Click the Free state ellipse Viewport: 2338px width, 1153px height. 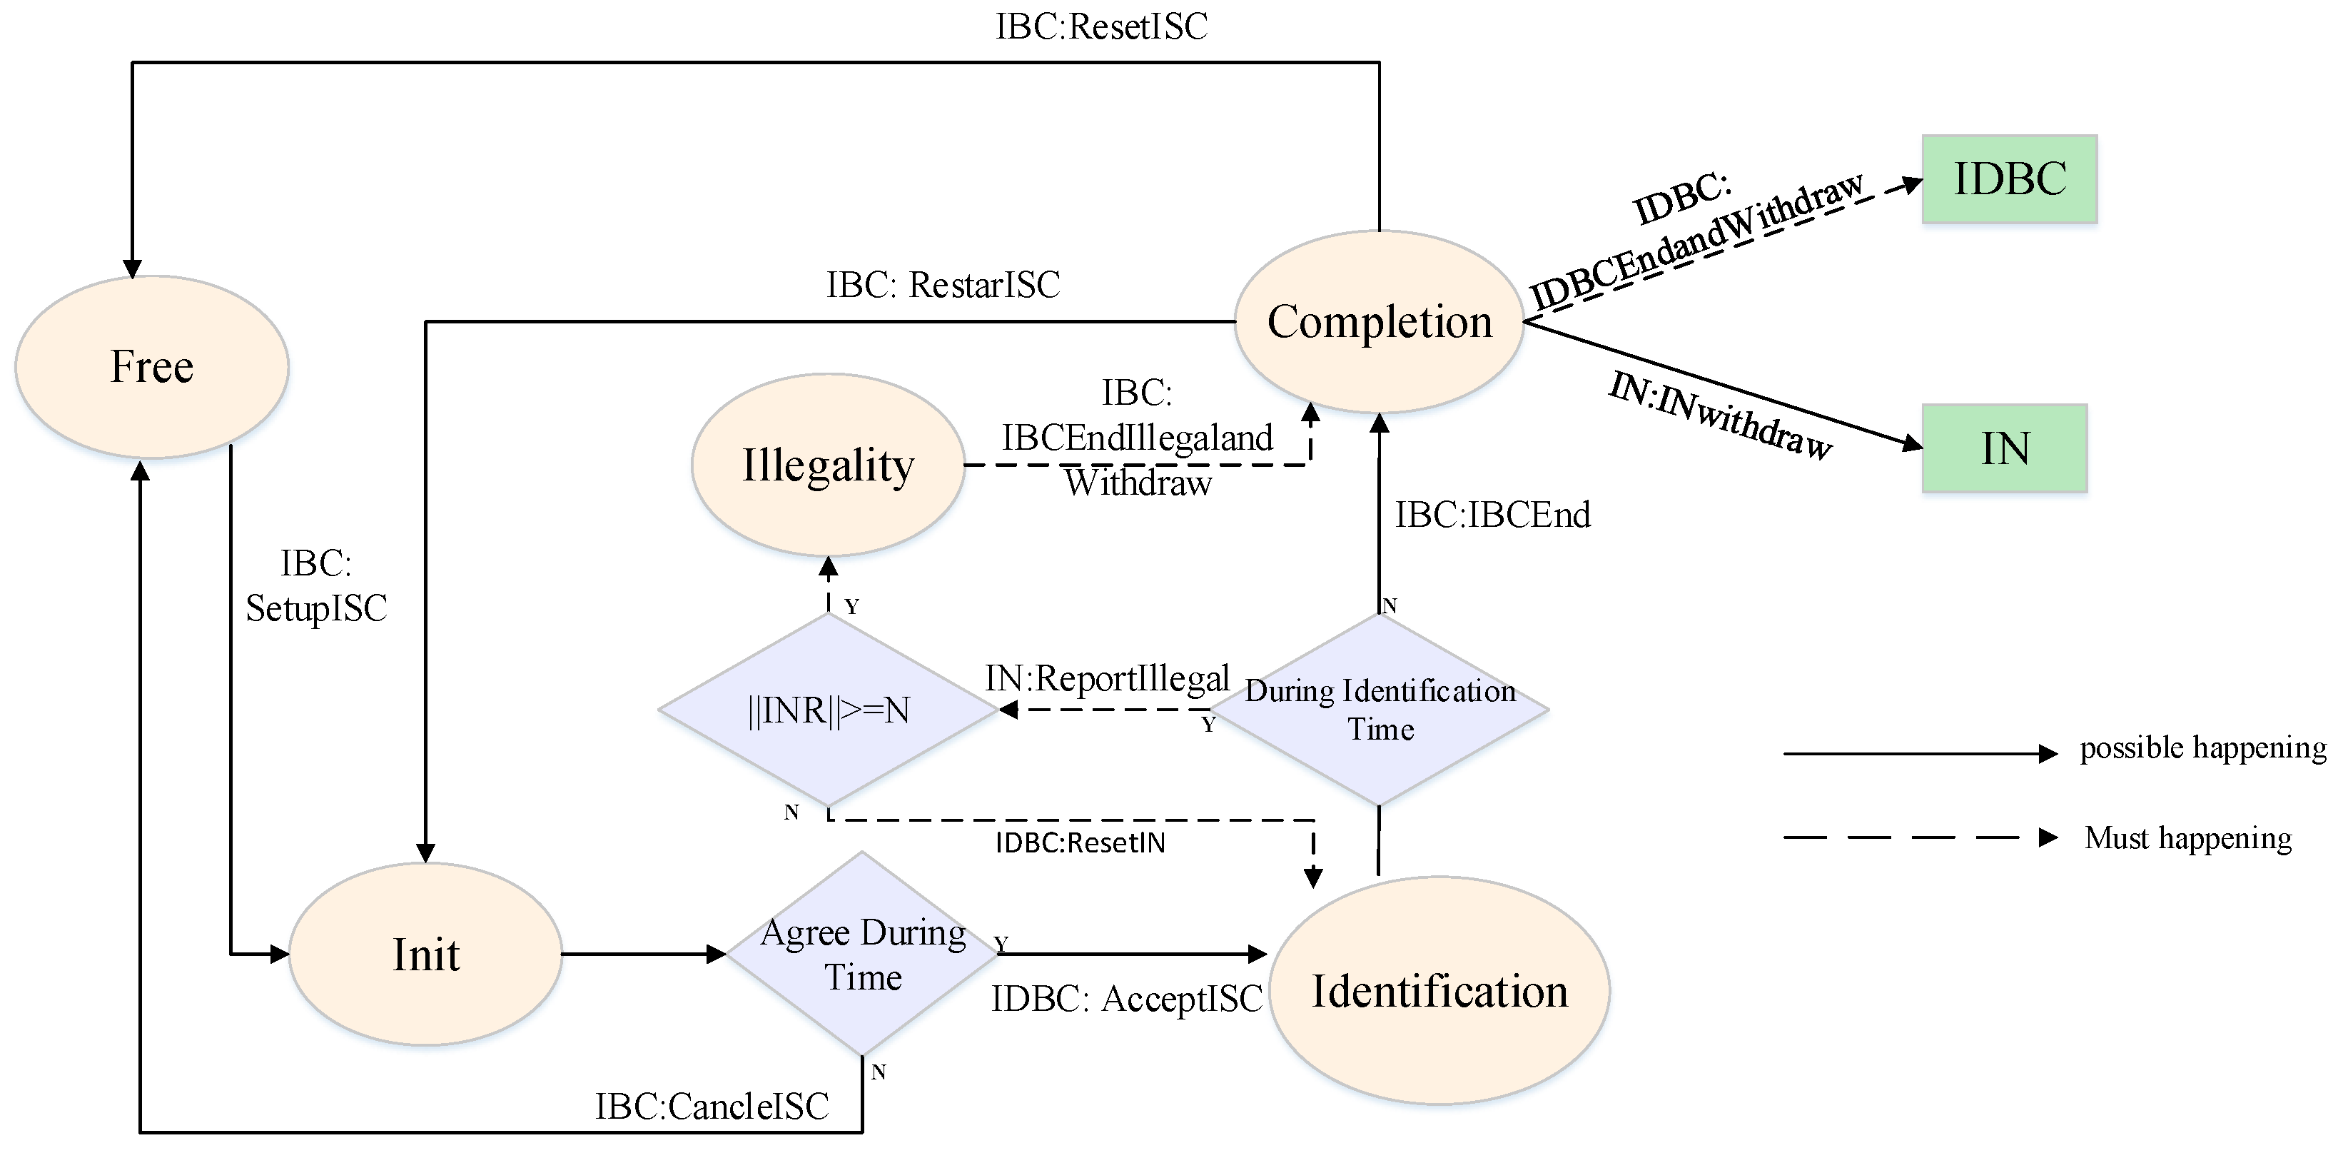click(151, 367)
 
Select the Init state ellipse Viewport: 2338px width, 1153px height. click(425, 955)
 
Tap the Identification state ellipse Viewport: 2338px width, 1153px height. click(1439, 990)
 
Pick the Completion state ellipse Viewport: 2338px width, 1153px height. click(1379, 321)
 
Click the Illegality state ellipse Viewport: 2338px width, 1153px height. click(828, 465)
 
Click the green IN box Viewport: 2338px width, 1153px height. click(2004, 448)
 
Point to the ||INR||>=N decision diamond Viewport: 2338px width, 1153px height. click(828, 710)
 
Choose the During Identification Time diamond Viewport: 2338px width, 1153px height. click(1380, 710)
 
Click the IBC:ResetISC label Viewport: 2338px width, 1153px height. click(1101, 27)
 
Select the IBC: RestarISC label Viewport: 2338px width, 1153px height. click(943, 285)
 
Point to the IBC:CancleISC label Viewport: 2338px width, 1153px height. click(712, 1107)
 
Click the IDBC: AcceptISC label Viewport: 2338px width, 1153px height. click(1126, 999)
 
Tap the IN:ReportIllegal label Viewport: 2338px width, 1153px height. click(1108, 678)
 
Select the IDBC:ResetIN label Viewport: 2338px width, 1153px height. click(1080, 843)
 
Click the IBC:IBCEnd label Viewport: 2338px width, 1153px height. click(1492, 515)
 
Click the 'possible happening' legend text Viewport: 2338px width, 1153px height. click(2203, 748)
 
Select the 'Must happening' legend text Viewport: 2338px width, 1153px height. click(2187, 837)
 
